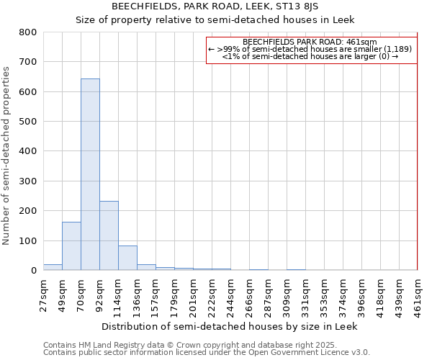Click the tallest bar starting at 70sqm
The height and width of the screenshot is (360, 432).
(x=90, y=174)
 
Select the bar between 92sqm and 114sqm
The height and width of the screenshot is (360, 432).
(x=109, y=235)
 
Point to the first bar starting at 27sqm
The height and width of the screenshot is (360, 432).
(x=53, y=267)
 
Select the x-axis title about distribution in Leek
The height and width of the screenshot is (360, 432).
(x=229, y=326)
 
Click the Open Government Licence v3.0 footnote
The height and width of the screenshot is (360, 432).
(x=207, y=352)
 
